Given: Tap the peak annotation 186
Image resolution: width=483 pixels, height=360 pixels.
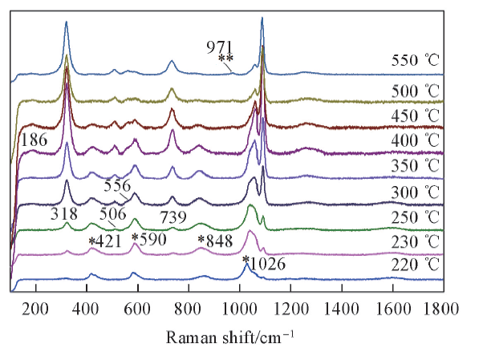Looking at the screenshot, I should (x=33, y=140).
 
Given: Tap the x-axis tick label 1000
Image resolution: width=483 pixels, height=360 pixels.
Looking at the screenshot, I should (x=240, y=307).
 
